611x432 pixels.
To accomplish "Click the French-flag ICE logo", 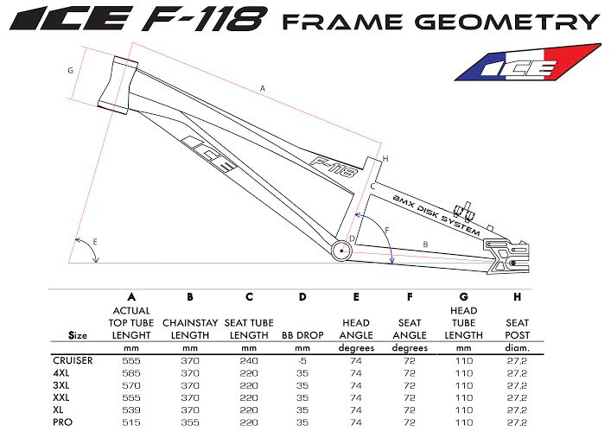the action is (528, 63).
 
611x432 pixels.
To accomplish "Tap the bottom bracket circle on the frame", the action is (341, 251).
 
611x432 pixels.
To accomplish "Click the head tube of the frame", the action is (118, 86).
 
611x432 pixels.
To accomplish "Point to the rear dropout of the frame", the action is (506, 256).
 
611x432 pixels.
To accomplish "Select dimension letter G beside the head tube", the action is (71, 71).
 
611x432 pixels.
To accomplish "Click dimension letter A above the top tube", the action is (263, 89).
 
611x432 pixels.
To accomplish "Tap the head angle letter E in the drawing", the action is (95, 242).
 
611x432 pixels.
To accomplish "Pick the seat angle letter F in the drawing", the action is (387, 230).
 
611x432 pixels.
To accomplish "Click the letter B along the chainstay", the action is (425, 245).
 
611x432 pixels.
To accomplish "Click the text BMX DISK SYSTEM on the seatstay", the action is (436, 215).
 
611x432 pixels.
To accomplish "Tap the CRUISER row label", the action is (73, 360).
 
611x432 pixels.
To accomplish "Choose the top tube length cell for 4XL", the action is (131, 373).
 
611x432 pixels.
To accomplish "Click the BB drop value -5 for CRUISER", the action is (302, 360).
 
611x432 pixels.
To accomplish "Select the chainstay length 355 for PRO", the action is (190, 422).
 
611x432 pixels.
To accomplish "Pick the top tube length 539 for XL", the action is (131, 410).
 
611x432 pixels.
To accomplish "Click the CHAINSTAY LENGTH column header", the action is (190, 329).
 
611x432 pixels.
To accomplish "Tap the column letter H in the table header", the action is (517, 297).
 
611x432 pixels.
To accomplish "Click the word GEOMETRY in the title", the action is (507, 22).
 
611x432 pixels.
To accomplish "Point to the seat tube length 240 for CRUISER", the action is (249, 360).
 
